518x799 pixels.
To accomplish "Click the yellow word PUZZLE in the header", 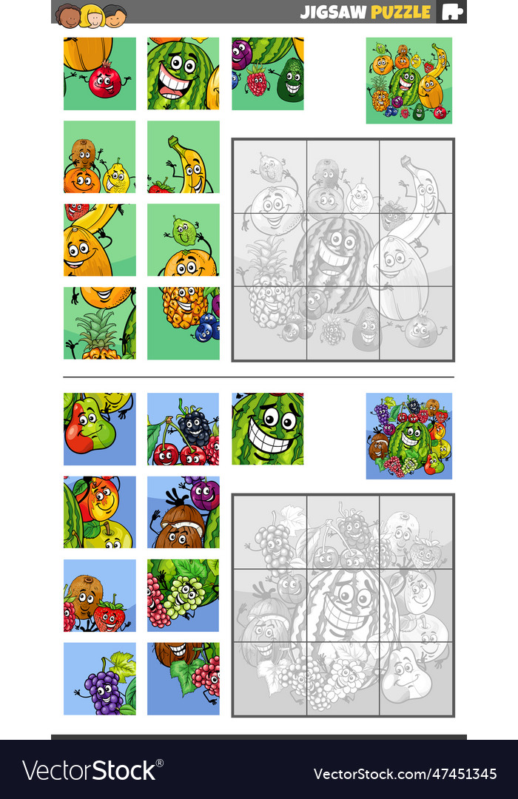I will tap(400, 12).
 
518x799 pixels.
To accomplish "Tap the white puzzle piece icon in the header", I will tap(452, 12).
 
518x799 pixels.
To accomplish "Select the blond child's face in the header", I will tap(92, 15).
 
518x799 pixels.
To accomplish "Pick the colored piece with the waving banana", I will tap(184, 157).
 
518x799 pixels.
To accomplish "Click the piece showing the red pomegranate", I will tap(100, 74).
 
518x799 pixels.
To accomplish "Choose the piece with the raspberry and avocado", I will tap(268, 74).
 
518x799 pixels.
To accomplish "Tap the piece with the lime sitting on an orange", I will tap(184, 240).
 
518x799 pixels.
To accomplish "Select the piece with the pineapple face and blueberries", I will tap(184, 323).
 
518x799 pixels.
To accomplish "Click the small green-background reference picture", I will tap(408, 80).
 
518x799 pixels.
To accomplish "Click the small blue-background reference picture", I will tap(408, 436).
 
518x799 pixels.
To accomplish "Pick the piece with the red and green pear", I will tap(100, 429).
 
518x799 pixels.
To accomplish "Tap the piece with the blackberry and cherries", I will tap(184, 429).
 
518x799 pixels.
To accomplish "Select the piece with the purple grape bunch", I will tap(100, 678).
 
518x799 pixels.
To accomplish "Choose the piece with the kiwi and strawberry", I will tap(100, 596).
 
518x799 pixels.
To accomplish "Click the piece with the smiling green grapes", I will tap(184, 596).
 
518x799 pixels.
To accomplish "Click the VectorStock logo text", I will tap(89, 771).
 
